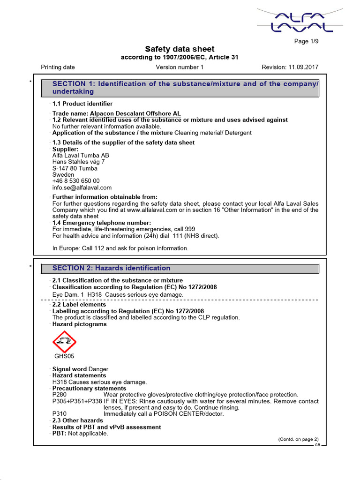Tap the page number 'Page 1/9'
coord(307,42)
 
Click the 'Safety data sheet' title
coord(180,49)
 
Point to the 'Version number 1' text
coord(180,67)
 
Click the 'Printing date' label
coord(58,67)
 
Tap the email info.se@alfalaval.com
coord(82,187)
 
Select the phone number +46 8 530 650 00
coord(76,181)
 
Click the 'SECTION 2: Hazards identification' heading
coord(111,268)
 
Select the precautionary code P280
coord(60,395)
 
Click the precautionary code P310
coord(60,414)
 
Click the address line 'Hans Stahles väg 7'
coord(78,162)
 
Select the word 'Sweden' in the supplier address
coord(63,174)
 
